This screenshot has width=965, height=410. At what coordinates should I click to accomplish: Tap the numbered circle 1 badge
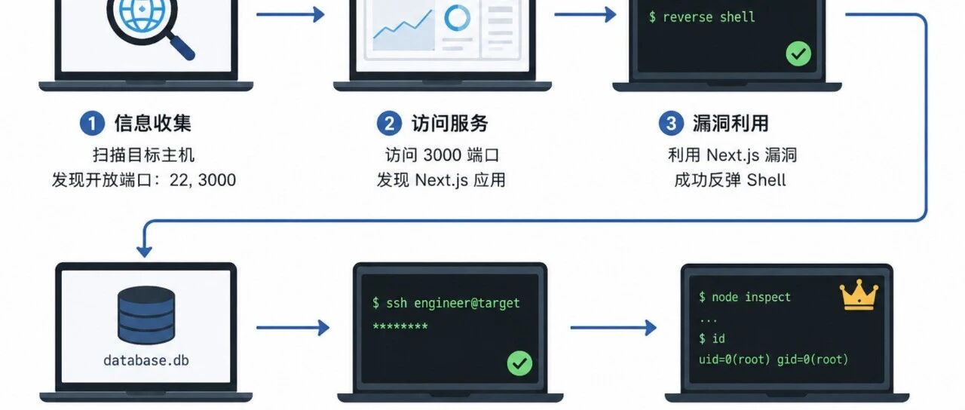92,124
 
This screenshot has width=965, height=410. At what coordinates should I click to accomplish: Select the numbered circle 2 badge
389,124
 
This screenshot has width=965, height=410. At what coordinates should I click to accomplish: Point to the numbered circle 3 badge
671,124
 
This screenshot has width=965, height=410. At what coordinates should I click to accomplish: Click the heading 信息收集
152,123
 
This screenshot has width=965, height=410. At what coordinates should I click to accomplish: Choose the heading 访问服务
449,123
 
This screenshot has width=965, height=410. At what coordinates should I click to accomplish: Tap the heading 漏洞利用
731,123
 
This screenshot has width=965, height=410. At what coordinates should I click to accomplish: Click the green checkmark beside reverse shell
798,54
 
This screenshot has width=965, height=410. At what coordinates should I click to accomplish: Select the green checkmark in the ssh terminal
519,363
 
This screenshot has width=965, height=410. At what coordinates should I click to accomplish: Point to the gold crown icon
859,295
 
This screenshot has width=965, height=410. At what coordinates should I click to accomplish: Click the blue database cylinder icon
146,315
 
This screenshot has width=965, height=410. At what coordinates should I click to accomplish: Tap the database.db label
146,360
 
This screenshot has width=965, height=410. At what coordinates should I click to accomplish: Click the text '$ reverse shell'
702,17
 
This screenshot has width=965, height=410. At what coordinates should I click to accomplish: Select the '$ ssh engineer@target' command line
446,303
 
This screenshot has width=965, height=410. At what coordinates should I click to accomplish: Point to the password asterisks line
400,326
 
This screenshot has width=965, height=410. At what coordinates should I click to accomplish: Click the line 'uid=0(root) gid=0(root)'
774,360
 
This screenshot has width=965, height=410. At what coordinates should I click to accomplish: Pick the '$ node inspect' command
744,297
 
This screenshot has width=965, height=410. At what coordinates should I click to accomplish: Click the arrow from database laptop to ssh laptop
293,328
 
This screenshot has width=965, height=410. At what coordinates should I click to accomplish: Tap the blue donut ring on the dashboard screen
457,18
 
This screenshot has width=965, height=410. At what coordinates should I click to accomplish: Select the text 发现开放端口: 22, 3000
144,180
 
